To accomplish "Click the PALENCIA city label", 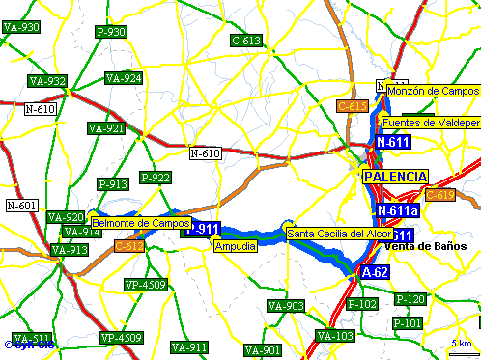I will click(395, 178).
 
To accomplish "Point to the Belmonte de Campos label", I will click(141, 223).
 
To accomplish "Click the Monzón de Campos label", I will click(433, 91).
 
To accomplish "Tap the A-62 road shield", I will click(375, 274).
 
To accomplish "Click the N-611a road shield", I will click(398, 210).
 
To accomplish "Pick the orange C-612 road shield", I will click(129, 247).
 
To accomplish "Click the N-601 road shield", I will click(21, 205).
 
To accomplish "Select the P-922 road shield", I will click(155, 178).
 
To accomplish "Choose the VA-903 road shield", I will click(286, 307).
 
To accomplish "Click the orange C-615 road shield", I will click(353, 105).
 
